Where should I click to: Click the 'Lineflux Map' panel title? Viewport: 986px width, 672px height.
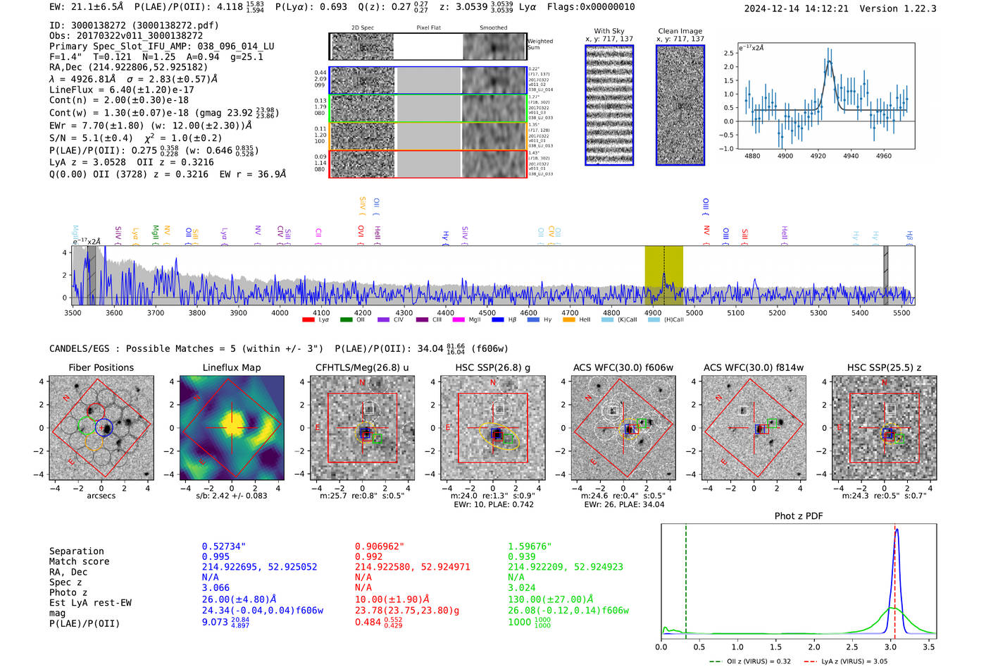231,367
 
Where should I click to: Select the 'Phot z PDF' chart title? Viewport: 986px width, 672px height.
799,516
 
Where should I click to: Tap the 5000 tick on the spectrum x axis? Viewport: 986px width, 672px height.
694,312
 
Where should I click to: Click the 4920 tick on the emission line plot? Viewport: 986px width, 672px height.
818,156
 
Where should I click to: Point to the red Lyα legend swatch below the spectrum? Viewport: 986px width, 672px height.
308,320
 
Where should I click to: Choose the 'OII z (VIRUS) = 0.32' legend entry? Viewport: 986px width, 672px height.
751,661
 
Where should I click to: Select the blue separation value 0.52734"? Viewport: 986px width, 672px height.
224,546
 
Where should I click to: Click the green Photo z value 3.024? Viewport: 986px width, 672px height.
522,587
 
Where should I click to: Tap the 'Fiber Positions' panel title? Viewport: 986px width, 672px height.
101,367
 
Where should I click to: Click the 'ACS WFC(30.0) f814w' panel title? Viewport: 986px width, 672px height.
754,367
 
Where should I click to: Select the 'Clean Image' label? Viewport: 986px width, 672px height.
680,31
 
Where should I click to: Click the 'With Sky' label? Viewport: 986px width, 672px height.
609,31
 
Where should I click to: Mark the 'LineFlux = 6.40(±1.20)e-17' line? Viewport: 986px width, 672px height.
122,90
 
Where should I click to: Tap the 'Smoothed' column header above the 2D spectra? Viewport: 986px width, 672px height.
493,28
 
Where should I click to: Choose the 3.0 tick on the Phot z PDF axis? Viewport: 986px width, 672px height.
890,647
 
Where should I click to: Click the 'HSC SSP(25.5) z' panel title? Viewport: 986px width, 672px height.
884,367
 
